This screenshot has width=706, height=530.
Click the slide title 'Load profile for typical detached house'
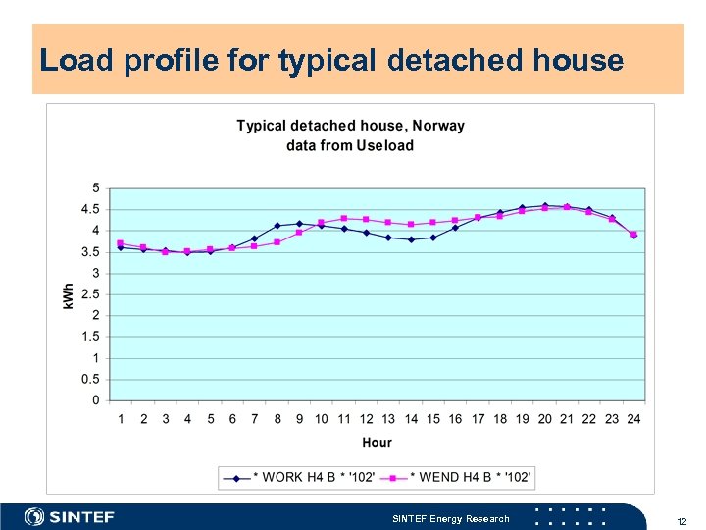pyautogui.click(x=331, y=61)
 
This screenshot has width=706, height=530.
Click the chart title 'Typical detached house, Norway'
pyautogui.click(x=350, y=126)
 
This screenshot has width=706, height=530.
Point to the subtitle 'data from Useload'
pyautogui.click(x=350, y=145)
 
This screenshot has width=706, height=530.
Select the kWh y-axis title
pyautogui.click(x=69, y=293)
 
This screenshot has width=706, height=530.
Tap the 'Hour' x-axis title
pyautogui.click(x=377, y=443)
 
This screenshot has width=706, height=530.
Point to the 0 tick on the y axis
pyautogui.click(x=96, y=400)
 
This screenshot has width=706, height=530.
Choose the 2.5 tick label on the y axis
pyautogui.click(x=91, y=294)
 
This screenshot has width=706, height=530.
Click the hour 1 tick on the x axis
pyautogui.click(x=121, y=419)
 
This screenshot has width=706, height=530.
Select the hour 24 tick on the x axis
pyautogui.click(x=633, y=419)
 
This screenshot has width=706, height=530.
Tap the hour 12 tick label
pyautogui.click(x=366, y=419)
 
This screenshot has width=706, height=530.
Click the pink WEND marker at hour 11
pyautogui.click(x=344, y=218)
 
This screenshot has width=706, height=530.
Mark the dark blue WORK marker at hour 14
pyautogui.click(x=411, y=239)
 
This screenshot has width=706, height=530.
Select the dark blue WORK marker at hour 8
pyautogui.click(x=277, y=226)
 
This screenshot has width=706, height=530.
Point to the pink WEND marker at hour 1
pyautogui.click(x=121, y=243)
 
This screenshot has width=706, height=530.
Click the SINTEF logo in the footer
pyautogui.click(x=70, y=516)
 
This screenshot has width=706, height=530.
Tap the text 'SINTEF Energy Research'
pyautogui.click(x=450, y=518)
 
